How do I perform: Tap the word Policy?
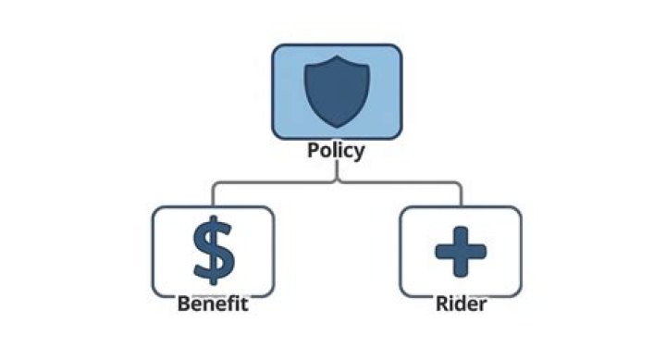tap(336, 150)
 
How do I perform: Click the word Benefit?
tap(214, 304)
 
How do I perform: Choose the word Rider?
tap(460, 304)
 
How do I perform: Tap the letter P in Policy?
tap(314, 150)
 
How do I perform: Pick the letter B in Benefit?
tap(183, 304)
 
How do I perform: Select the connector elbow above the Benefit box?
tap(214, 184)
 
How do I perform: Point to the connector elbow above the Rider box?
tap(460, 184)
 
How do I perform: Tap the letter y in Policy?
tap(358, 152)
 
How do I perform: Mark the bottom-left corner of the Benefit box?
tap(154, 293)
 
